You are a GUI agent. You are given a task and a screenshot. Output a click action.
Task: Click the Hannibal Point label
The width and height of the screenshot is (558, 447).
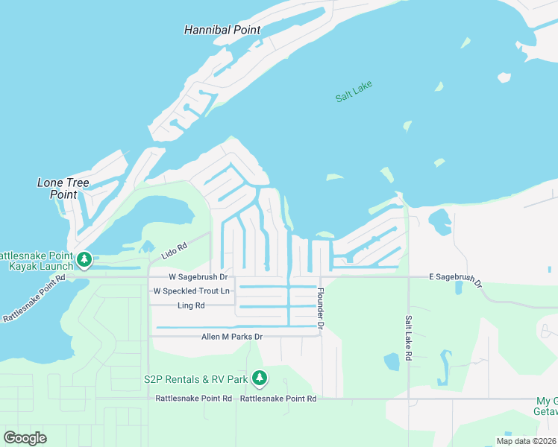(x=222, y=30)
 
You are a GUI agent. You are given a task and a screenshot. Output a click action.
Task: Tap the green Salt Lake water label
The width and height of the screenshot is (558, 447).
(x=354, y=91)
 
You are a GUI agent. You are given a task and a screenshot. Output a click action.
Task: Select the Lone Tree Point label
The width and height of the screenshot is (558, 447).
(x=63, y=188)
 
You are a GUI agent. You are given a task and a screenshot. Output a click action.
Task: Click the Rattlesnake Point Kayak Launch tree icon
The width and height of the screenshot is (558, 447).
(x=85, y=259)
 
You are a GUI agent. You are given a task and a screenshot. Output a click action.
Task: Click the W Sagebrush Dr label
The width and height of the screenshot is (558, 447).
(x=190, y=276)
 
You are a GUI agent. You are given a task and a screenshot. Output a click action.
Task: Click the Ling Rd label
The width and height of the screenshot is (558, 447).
(x=191, y=305)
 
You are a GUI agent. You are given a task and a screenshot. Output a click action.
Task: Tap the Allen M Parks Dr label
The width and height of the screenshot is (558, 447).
(x=232, y=337)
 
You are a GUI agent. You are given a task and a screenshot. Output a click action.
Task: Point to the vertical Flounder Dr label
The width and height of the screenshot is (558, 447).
(x=321, y=308)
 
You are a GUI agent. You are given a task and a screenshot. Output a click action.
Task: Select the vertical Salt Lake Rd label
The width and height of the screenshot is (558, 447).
(x=408, y=338)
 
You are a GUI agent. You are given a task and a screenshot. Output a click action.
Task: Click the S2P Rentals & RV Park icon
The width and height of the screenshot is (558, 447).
(x=259, y=378)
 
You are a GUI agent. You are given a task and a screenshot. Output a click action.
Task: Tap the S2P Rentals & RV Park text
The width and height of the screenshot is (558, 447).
(x=195, y=379)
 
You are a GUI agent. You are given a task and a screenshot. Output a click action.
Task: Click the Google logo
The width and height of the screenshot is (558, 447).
(x=25, y=437)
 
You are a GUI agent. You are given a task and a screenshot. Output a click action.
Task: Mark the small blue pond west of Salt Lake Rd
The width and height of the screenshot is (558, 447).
(x=392, y=362)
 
